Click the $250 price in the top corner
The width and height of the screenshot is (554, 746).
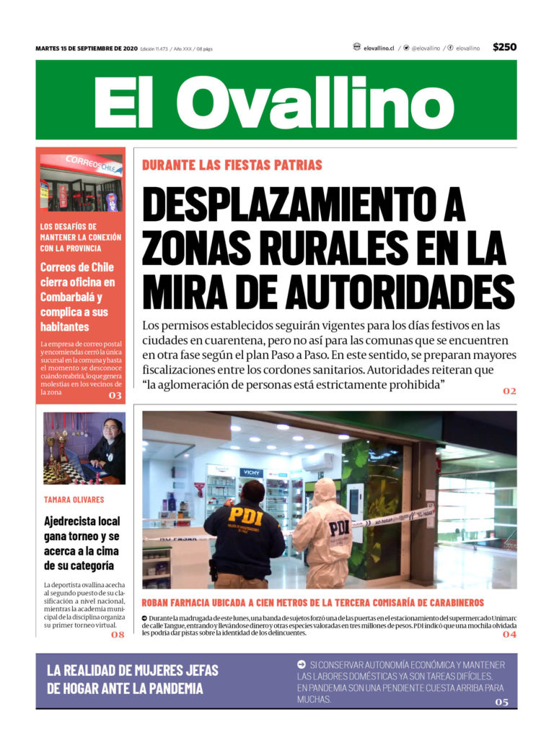(504, 47)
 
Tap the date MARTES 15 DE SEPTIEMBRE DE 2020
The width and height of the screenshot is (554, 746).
(86, 48)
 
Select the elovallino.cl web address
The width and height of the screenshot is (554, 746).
(379, 48)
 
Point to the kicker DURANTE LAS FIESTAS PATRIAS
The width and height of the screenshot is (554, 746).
(232, 165)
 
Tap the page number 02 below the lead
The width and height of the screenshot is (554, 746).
(509, 391)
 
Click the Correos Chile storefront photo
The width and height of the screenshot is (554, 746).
(81, 181)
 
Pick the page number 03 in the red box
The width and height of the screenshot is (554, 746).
(115, 395)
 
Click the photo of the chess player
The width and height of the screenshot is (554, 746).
(84, 448)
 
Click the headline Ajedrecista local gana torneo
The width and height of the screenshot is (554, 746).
(82, 543)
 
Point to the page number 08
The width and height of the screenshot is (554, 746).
(118, 635)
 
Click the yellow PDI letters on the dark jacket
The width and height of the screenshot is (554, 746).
(246, 516)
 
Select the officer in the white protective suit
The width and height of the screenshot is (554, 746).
(324, 535)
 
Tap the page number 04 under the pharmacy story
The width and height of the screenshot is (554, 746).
(509, 633)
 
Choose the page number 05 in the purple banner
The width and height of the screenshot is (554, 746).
(501, 702)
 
